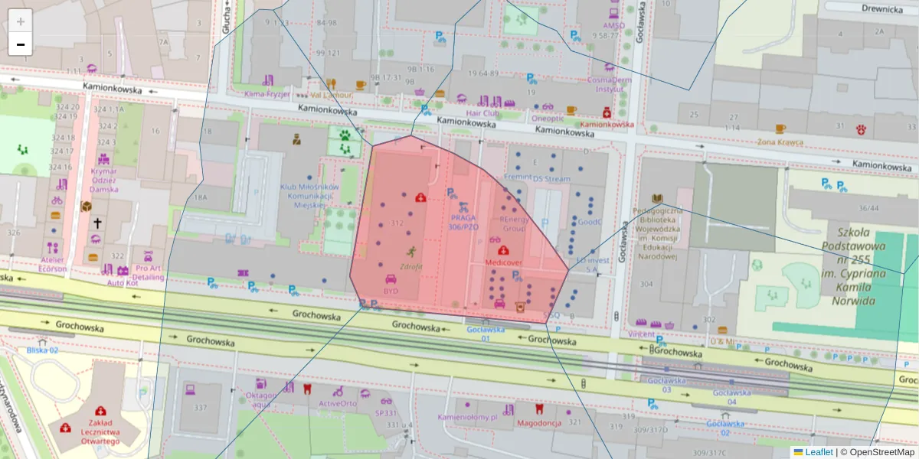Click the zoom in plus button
(21, 22)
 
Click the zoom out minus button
(21, 44)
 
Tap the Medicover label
(503, 262)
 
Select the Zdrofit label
(410, 267)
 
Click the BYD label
(391, 291)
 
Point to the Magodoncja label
(539, 423)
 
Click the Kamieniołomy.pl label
(467, 418)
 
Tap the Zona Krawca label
(780, 142)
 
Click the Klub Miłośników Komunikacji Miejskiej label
(309, 196)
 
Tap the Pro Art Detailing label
(149, 273)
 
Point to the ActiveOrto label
(338, 403)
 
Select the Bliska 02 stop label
(42, 350)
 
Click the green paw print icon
(346, 134)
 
